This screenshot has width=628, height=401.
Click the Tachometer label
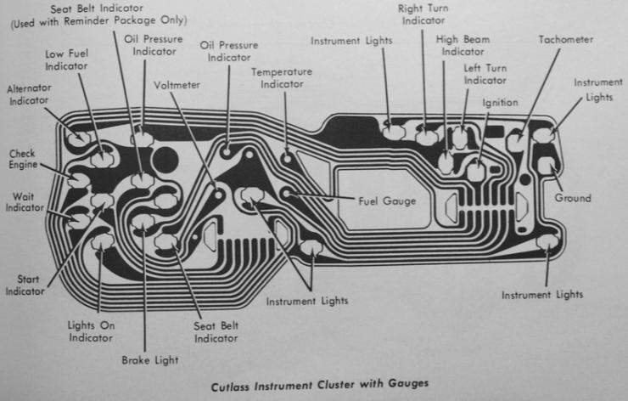[565, 40]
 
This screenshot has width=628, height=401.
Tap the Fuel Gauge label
[387, 200]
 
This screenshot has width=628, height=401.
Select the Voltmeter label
[177, 85]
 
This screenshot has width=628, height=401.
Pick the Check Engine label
[22, 159]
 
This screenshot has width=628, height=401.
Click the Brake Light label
[150, 359]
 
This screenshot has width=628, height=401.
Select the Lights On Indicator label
[91, 330]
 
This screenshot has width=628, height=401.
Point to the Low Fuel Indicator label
[66, 59]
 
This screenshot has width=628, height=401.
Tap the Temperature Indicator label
[282, 78]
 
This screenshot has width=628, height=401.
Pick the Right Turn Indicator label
[423, 14]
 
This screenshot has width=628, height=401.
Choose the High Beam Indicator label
[463, 45]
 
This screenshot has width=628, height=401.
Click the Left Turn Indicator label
[485, 74]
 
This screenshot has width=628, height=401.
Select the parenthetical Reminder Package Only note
[97, 20]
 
